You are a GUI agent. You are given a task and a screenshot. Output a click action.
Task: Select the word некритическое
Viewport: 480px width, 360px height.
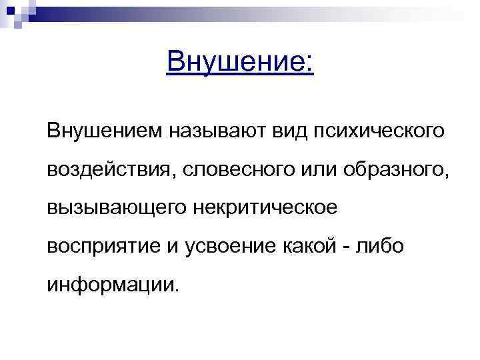(265, 208)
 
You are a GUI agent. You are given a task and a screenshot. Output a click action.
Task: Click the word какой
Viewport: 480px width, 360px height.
(315, 247)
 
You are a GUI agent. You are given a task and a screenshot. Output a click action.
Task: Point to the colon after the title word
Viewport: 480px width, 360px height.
(307, 65)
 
